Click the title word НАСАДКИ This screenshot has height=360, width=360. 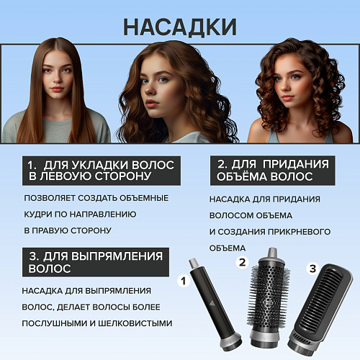[x=180, y=27]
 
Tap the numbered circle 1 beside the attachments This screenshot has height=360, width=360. [x=184, y=281]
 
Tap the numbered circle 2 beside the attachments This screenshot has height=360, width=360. [x=242, y=262]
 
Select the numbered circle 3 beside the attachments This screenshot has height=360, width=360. [x=312, y=269]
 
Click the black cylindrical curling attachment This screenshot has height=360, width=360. [x=215, y=305]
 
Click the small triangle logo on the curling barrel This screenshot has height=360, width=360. [x=212, y=304]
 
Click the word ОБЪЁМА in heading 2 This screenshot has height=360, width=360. [x=242, y=176]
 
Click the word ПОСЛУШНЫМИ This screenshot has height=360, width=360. [x=55, y=323]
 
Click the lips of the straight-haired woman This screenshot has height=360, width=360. [x=58, y=89]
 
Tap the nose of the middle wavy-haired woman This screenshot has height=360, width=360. [x=150, y=89]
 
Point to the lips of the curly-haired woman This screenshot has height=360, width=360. [x=287, y=97]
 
